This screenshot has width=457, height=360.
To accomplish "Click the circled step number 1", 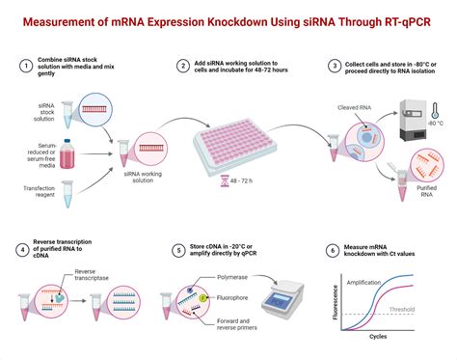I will [25, 66].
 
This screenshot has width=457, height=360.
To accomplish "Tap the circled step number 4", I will [25, 251].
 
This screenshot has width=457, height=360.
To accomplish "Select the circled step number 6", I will [333, 251].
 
